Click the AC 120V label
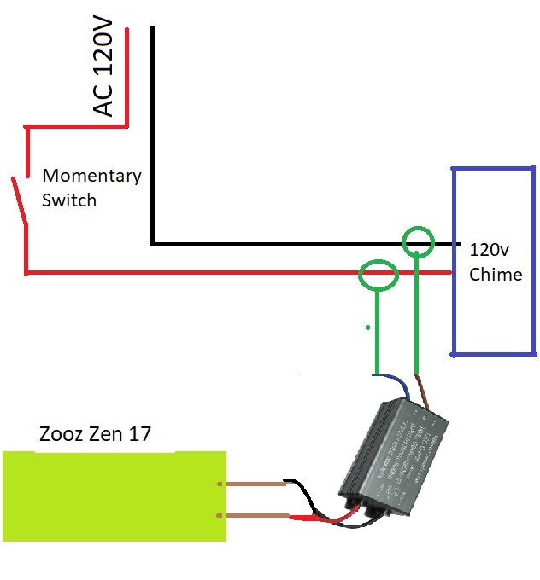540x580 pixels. [x=103, y=72]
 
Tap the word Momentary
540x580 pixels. [x=91, y=177]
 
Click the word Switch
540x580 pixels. [x=69, y=200]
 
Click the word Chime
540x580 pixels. [x=496, y=275]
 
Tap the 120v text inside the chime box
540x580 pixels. [x=489, y=251]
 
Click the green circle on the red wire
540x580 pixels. [x=379, y=275]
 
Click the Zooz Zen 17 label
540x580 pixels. [x=95, y=434]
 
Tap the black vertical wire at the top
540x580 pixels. [x=153, y=128]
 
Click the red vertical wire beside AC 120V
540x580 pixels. [x=127, y=77]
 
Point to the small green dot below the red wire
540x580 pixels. [x=367, y=327]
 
